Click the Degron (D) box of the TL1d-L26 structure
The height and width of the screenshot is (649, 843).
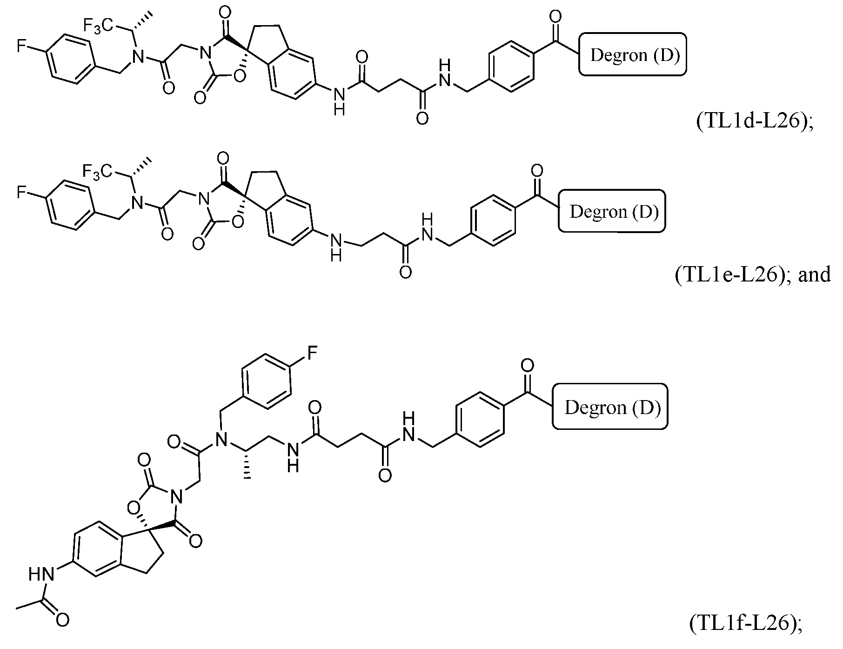pos(633,54)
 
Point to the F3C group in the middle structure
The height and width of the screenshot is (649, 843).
pos(96,173)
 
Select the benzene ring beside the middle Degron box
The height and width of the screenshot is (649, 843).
pos(494,220)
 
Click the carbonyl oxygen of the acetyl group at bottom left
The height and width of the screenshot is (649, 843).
pos(63,620)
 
